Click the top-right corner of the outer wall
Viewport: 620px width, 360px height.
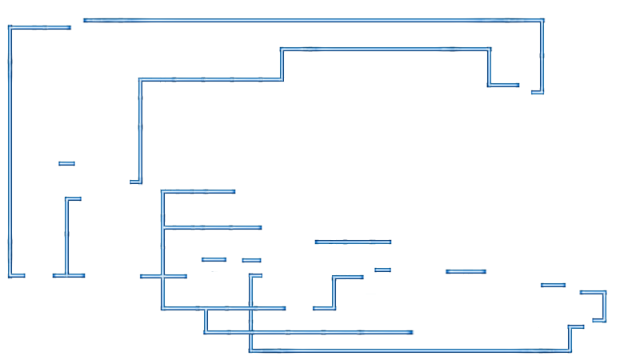tap(543, 20)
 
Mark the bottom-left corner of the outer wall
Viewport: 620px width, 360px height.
tap(10, 276)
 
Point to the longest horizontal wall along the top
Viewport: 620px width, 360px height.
tap(312, 20)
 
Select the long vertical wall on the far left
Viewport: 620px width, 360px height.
tap(10, 152)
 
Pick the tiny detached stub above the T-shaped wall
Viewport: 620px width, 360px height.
tap(67, 164)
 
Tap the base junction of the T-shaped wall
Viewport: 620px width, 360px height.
tap(67, 276)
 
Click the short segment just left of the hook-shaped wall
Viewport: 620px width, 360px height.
tap(553, 285)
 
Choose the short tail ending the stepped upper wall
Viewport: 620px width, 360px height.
tap(503, 85)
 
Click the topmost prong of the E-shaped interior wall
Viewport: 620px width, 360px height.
tap(198, 192)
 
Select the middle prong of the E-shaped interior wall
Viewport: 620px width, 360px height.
tap(212, 228)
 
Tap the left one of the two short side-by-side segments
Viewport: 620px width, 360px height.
tap(214, 260)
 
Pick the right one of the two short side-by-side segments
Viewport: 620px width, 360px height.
tap(252, 260)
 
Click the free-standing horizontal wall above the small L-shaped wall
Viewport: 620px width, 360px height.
tap(353, 242)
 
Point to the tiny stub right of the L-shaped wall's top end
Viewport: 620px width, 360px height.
tap(382, 270)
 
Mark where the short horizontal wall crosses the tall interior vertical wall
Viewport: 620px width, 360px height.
tap(162, 277)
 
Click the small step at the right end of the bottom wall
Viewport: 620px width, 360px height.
tap(571, 336)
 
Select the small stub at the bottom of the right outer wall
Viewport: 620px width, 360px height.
tap(537, 92)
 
